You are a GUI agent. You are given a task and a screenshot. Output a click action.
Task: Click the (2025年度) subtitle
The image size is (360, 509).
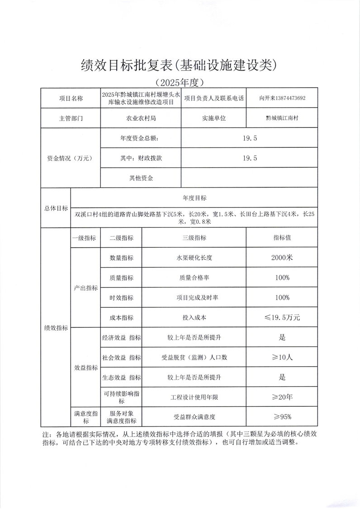pos(180,83)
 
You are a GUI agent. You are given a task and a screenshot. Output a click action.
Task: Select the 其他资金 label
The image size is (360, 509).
pos(141,178)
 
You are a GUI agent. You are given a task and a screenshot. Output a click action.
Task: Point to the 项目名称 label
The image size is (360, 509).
pos(71,99)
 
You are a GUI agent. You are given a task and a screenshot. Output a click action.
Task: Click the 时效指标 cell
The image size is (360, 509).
pos(122,297)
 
